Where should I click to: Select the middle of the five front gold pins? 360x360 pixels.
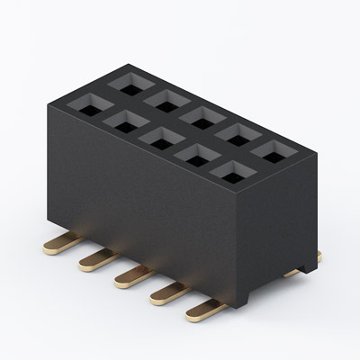131,276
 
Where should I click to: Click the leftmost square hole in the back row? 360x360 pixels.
127,83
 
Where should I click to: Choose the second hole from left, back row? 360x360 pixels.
164,99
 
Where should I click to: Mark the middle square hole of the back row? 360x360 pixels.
200,115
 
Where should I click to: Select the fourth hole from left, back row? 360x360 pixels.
237,132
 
